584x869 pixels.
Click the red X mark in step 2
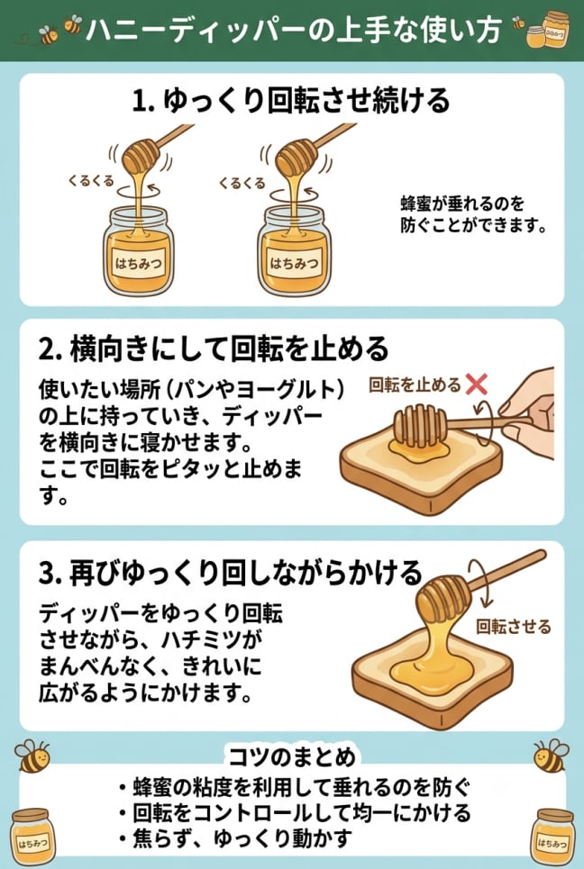click(477, 384)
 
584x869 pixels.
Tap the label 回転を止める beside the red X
click(415, 385)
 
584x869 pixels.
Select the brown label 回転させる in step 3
click(514, 627)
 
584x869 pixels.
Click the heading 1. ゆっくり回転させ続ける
click(291, 101)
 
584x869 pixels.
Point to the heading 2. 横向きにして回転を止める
click(214, 349)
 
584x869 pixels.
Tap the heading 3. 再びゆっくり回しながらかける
click(231, 574)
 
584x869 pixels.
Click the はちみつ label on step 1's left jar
click(139, 264)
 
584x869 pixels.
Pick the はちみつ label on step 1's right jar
click(294, 264)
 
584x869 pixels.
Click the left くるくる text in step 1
click(91, 181)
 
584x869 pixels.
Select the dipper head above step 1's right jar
click(297, 157)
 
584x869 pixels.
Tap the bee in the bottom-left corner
click(32, 756)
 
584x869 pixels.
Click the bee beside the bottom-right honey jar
click(551, 756)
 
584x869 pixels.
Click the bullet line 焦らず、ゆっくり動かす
click(235, 839)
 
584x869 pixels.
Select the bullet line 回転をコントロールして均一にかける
click(295, 813)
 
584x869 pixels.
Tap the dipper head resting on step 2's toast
click(420, 426)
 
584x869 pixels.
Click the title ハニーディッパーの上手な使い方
click(294, 31)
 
